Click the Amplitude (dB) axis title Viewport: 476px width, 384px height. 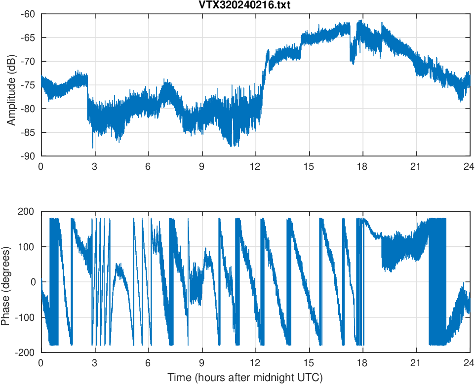point(11,85)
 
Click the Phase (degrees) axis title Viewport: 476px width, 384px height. point(5,282)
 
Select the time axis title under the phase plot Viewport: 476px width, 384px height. point(245,378)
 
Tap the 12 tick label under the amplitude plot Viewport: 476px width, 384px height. point(255,166)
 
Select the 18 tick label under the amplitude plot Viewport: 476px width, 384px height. point(362,166)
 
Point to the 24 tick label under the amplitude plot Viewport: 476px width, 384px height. point(470,166)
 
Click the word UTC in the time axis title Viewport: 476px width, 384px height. point(311,378)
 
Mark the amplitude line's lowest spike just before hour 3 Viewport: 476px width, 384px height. point(93,147)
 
